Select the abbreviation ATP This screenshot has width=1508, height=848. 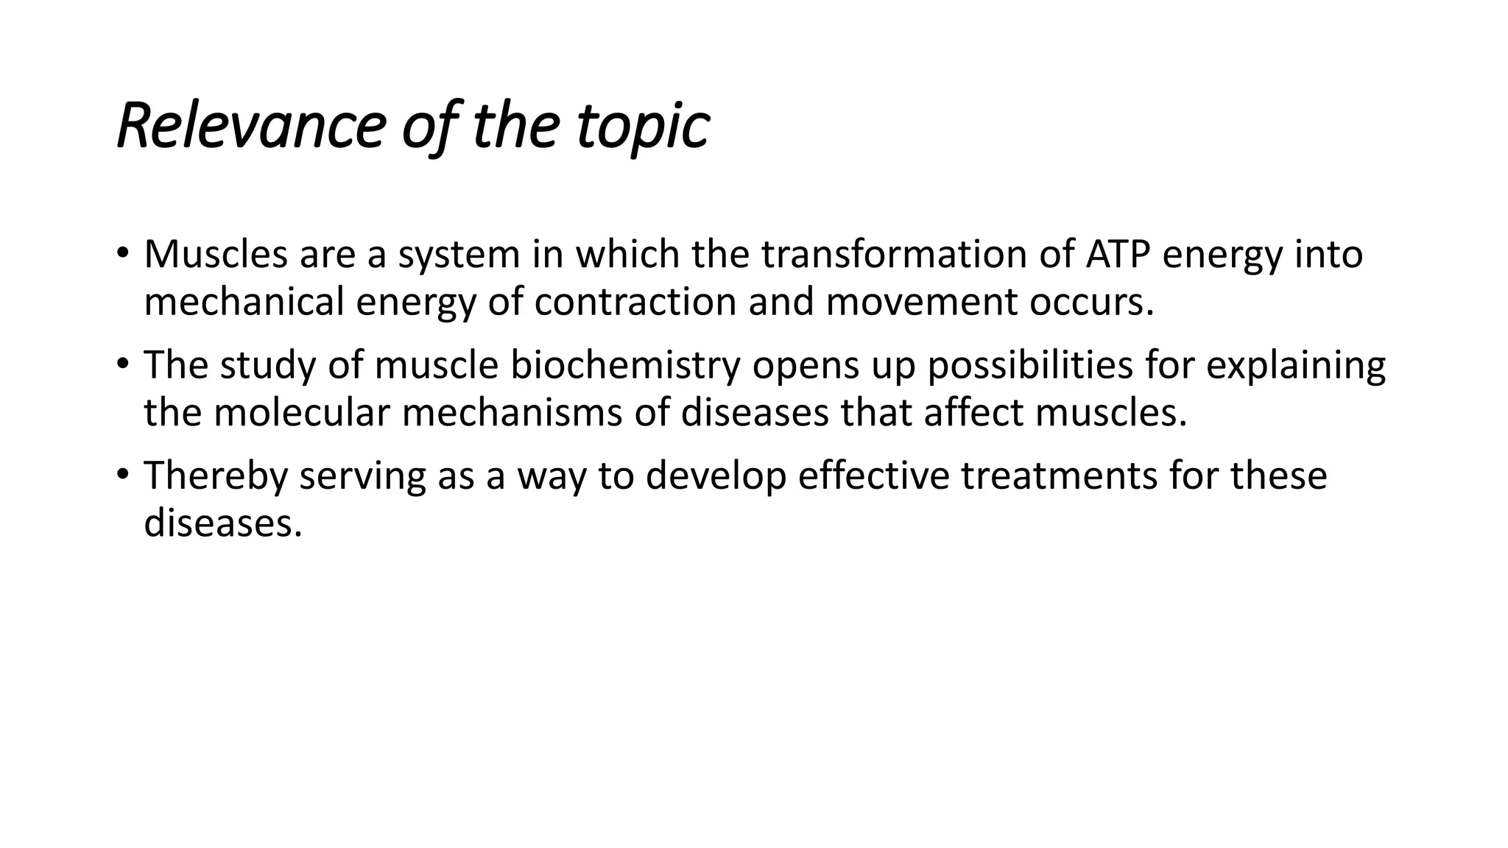[x=1118, y=254]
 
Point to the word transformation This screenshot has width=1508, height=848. [x=921, y=254]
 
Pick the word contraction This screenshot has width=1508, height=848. [x=635, y=302]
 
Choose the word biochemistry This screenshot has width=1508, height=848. [x=625, y=365]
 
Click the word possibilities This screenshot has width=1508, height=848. [x=1029, y=365]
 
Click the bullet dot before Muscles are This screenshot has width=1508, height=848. [x=122, y=252]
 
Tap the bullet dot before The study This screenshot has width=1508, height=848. [x=122, y=364]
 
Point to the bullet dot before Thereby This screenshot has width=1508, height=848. [x=122, y=475]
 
